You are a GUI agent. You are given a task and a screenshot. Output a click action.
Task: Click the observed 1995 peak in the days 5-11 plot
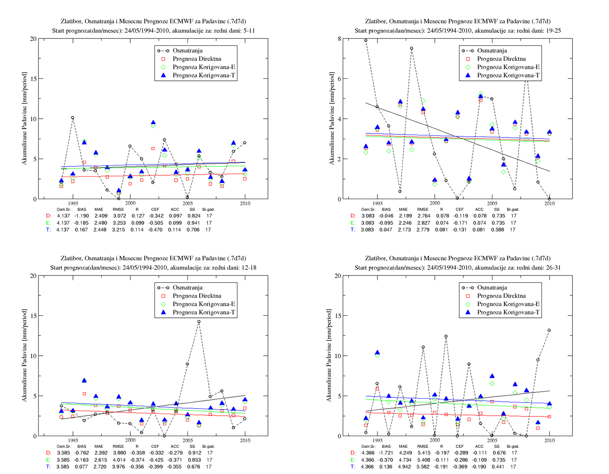click(72, 117)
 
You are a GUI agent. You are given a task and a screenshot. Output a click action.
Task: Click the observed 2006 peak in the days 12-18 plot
click(199, 322)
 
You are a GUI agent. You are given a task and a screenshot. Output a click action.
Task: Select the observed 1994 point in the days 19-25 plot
click(366, 40)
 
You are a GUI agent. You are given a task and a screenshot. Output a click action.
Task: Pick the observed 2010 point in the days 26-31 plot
click(549, 330)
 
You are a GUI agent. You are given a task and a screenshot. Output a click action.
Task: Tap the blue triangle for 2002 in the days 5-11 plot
click(153, 122)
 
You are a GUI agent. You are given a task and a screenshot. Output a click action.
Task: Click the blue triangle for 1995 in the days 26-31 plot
click(377, 352)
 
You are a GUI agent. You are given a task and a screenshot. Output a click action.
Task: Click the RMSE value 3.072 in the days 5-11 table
click(119, 216)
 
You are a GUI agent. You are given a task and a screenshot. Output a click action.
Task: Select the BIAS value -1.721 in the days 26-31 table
click(386, 453)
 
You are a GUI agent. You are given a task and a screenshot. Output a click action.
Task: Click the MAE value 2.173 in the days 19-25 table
click(404, 230)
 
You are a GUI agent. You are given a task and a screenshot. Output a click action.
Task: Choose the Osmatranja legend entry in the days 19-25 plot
click(484, 51)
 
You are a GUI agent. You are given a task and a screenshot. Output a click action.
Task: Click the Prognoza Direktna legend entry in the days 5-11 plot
click(192, 59)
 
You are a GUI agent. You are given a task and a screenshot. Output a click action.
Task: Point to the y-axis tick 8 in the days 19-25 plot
click(339, 39)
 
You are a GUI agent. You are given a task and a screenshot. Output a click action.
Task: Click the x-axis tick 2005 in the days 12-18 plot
click(187, 440)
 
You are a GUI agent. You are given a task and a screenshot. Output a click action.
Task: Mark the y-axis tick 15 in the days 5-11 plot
click(33, 79)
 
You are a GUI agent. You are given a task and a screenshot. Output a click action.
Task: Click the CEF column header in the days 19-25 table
click(459, 209)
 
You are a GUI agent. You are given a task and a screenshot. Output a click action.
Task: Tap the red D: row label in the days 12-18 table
click(49, 453)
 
